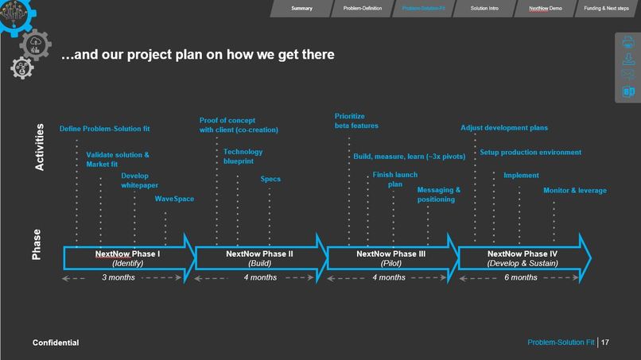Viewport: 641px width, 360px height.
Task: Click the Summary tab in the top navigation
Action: click(301, 8)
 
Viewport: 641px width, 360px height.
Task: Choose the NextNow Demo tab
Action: click(545, 8)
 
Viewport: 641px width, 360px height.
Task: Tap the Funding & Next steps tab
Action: click(607, 8)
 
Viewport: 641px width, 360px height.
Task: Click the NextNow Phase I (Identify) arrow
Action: click(127, 257)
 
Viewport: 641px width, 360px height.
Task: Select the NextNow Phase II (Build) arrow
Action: click(259, 257)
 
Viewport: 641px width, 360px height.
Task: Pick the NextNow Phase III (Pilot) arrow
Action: click(391, 257)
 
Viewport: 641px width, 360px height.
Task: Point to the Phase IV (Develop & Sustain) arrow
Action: click(523, 257)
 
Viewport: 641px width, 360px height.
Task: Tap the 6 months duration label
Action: click(521, 277)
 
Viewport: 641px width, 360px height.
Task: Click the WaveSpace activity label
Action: click(174, 199)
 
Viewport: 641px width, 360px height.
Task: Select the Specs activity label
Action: click(270, 179)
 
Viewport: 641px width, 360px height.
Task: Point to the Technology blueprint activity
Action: click(243, 156)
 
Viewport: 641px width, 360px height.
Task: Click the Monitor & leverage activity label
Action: click(574, 191)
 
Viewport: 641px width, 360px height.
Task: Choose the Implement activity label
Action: click(521, 176)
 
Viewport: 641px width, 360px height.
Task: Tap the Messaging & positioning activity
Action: click(438, 195)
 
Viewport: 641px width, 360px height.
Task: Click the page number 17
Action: click(605, 342)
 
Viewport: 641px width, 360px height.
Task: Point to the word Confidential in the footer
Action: click(56, 342)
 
